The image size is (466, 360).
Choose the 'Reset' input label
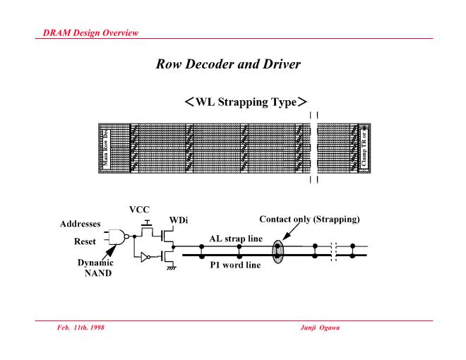click(85, 241)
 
